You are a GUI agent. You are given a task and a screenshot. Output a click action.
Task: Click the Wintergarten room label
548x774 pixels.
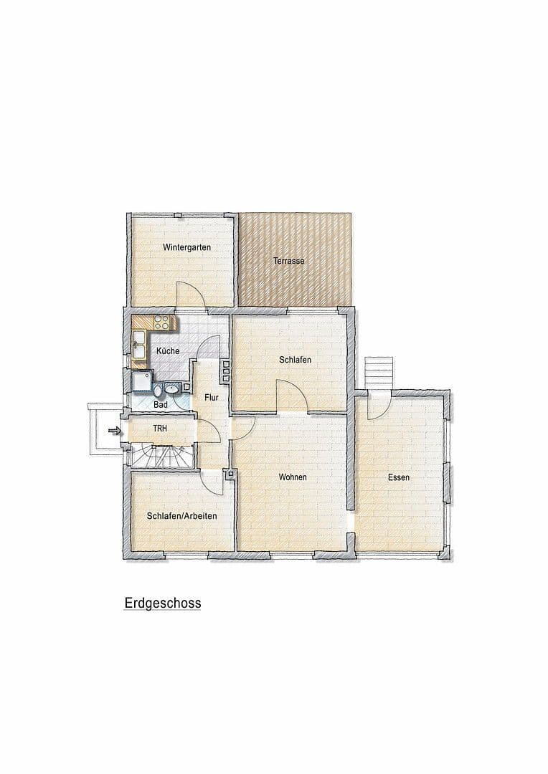(186, 247)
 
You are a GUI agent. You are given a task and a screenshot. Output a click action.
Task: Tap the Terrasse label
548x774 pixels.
(288, 262)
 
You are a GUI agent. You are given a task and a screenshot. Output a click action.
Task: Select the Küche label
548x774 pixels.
(167, 351)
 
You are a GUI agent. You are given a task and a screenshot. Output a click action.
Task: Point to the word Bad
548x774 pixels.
(161, 405)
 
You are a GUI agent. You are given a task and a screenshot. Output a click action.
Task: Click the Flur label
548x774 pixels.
(211, 396)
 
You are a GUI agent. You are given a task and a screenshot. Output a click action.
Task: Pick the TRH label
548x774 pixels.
(159, 428)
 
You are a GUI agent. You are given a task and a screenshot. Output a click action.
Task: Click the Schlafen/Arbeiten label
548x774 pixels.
(181, 515)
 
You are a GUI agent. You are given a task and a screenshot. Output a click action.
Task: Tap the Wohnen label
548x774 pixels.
(293, 477)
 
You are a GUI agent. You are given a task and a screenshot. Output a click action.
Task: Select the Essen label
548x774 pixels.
(399, 477)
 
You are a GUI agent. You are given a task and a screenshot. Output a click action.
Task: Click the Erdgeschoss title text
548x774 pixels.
(163, 603)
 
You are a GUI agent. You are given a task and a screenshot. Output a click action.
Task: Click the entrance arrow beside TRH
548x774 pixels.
(112, 430)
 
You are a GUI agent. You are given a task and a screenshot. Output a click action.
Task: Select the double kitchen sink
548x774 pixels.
(138, 344)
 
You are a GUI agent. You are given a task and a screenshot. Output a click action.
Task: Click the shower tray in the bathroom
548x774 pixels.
(141, 383)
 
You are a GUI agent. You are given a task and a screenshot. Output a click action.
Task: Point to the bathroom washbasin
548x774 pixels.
(171, 389)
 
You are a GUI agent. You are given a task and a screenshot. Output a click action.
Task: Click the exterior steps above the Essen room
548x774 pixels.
(378, 372)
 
